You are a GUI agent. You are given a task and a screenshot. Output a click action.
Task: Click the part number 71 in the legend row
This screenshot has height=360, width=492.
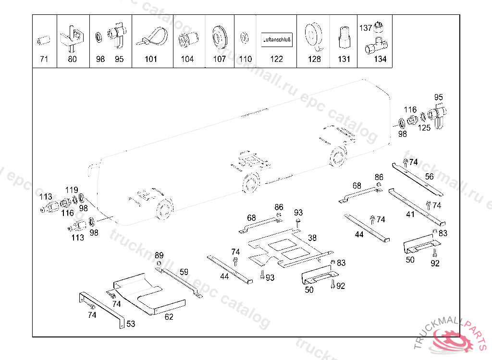point(44,60)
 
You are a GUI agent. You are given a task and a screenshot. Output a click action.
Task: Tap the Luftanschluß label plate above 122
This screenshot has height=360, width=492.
point(277,39)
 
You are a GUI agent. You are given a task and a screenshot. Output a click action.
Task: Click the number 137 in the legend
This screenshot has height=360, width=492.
point(365,28)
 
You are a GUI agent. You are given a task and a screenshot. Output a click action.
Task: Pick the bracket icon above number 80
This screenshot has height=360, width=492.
point(73,37)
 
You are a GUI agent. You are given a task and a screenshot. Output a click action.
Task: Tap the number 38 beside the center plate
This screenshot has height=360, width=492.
point(312,238)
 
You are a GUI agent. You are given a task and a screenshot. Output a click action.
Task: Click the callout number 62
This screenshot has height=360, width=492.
point(169,316)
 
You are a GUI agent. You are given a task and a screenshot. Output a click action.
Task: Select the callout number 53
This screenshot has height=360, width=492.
point(131,324)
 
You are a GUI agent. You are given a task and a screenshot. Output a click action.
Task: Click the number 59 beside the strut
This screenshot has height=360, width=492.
point(184,272)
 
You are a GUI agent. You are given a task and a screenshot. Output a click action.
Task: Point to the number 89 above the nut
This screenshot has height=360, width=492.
point(159,255)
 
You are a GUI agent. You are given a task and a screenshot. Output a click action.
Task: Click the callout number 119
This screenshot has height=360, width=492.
point(72,190)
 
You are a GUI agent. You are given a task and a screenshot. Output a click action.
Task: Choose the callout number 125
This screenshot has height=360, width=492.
point(424,128)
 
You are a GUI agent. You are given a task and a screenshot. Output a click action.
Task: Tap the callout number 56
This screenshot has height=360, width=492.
point(429,177)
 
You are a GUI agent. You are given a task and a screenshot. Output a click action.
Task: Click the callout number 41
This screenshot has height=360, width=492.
point(410,215)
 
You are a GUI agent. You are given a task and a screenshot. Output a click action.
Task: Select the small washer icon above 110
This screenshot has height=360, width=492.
point(245,36)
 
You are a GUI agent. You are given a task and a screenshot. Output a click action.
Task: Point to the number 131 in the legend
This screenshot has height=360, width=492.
point(344,60)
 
